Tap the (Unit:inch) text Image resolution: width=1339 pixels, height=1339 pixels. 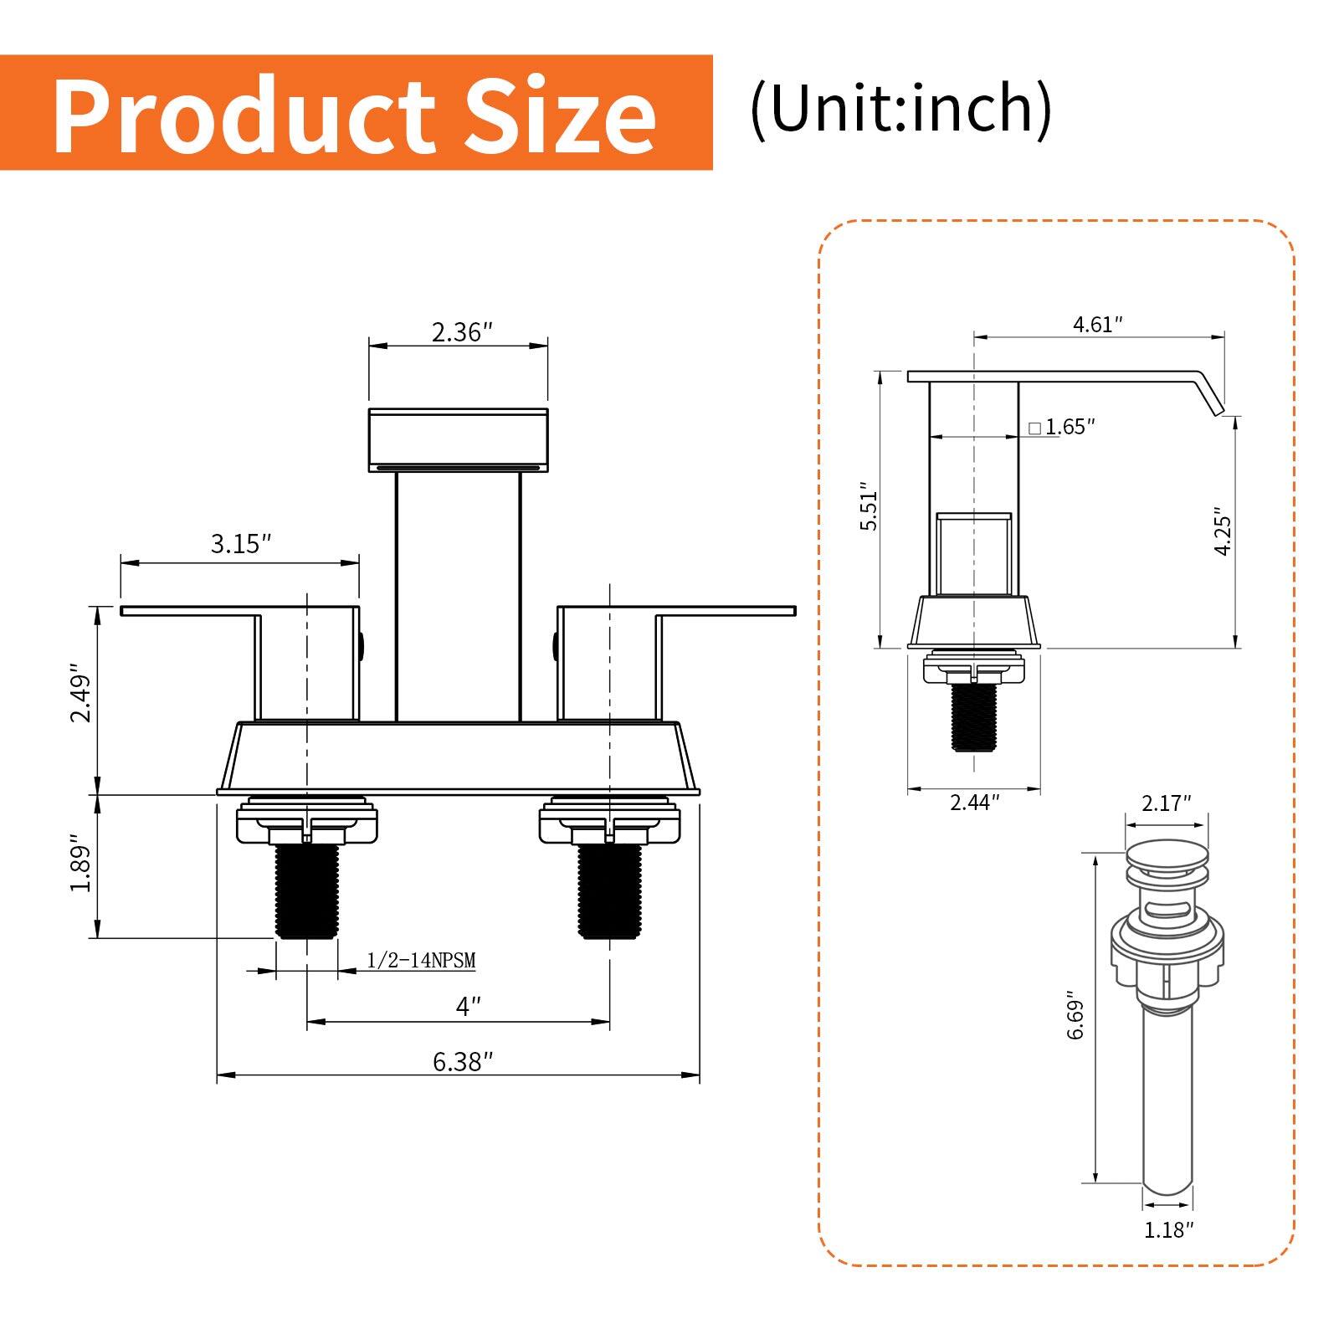pos(900,109)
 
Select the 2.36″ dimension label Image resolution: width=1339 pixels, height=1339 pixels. pos(458,332)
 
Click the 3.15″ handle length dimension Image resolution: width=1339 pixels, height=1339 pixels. pos(241,544)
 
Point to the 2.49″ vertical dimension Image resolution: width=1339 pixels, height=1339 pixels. pos(80,693)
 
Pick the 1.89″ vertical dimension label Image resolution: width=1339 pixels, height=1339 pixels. pos(80,862)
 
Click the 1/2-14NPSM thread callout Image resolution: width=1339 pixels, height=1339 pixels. pos(421,961)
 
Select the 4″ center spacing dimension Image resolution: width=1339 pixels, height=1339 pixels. pos(469,1006)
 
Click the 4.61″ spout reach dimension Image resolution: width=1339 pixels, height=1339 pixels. pos(1097,325)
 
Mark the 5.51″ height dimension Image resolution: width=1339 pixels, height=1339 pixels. pos(870,507)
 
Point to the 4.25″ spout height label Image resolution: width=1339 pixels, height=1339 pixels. pos(1223,530)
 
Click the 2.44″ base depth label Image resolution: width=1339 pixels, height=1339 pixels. pos(974,803)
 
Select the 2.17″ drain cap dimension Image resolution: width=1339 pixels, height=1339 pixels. pos(1166,803)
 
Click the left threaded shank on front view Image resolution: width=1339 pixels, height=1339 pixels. pos(307,891)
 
